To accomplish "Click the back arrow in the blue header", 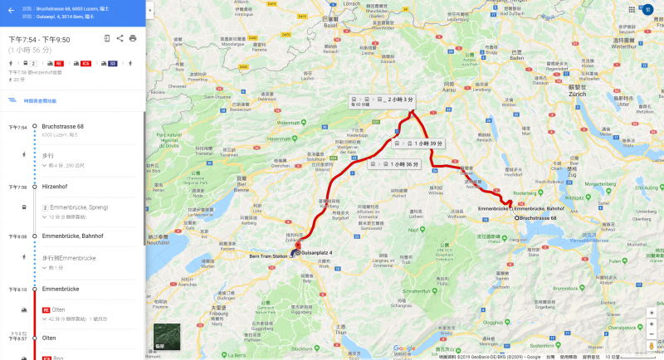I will point(10,11).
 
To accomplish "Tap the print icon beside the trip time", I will point(133,38).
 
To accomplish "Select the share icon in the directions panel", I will point(120,38).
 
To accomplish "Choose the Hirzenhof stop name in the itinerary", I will point(55,187).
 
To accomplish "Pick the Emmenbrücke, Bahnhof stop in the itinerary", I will point(72,236).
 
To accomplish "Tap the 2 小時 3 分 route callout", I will point(383,100).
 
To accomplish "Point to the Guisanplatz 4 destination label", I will point(316,251).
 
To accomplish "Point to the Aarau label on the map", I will point(450,89).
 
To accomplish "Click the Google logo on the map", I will point(404,348).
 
